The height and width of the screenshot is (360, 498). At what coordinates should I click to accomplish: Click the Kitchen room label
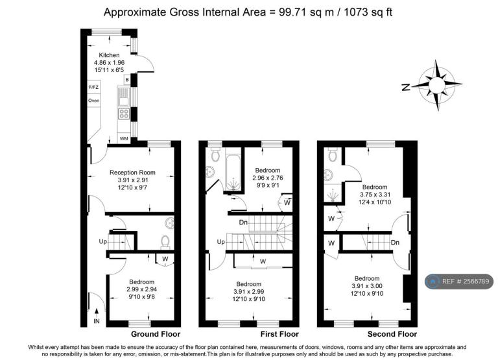tap(109, 55)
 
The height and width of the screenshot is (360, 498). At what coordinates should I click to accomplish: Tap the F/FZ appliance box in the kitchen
tap(94, 87)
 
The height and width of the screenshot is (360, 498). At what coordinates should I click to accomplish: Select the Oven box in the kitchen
tap(94, 101)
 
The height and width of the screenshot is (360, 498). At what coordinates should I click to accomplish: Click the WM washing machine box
tap(124, 139)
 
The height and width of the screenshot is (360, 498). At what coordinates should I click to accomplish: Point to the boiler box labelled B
tap(127, 80)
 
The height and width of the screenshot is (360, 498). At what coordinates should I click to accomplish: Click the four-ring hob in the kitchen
tap(124, 114)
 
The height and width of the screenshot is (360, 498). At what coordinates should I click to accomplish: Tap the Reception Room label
tap(132, 173)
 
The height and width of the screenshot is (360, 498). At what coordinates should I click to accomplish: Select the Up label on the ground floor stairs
tap(102, 241)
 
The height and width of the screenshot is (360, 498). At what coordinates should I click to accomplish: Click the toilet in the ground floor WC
tap(165, 241)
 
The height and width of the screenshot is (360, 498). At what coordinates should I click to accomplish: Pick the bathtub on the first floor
tap(233, 173)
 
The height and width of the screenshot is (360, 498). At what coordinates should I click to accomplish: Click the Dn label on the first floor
tap(243, 222)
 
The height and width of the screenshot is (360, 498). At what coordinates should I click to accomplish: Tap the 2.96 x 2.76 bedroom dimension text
tap(268, 178)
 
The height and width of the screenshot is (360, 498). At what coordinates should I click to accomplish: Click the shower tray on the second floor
tap(333, 195)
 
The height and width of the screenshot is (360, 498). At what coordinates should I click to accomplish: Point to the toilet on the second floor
tap(333, 154)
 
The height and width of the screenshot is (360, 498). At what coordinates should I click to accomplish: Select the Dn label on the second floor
tap(395, 243)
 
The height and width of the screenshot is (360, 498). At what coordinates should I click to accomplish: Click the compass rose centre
tap(436, 85)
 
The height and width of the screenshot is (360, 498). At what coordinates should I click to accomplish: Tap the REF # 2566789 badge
tap(459, 282)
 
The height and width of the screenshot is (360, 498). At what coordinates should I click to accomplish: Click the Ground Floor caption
tap(156, 334)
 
